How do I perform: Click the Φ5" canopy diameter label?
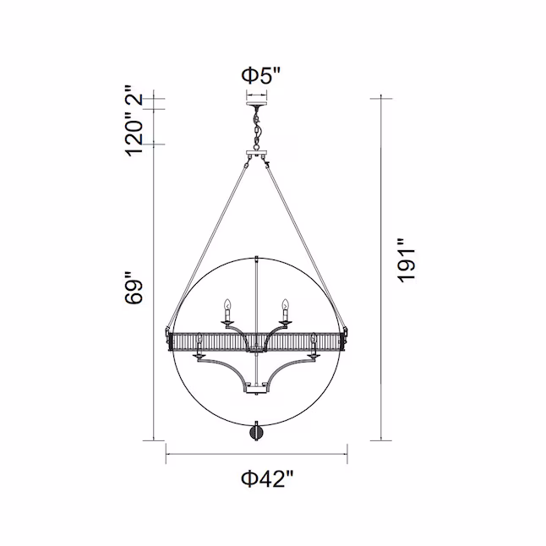261,75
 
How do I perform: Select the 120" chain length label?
134,133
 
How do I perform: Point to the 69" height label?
134,287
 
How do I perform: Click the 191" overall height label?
407,260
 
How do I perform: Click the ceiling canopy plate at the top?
257,104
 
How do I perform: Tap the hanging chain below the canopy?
257,128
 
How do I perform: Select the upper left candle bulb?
227,304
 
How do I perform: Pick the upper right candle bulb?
286,304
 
